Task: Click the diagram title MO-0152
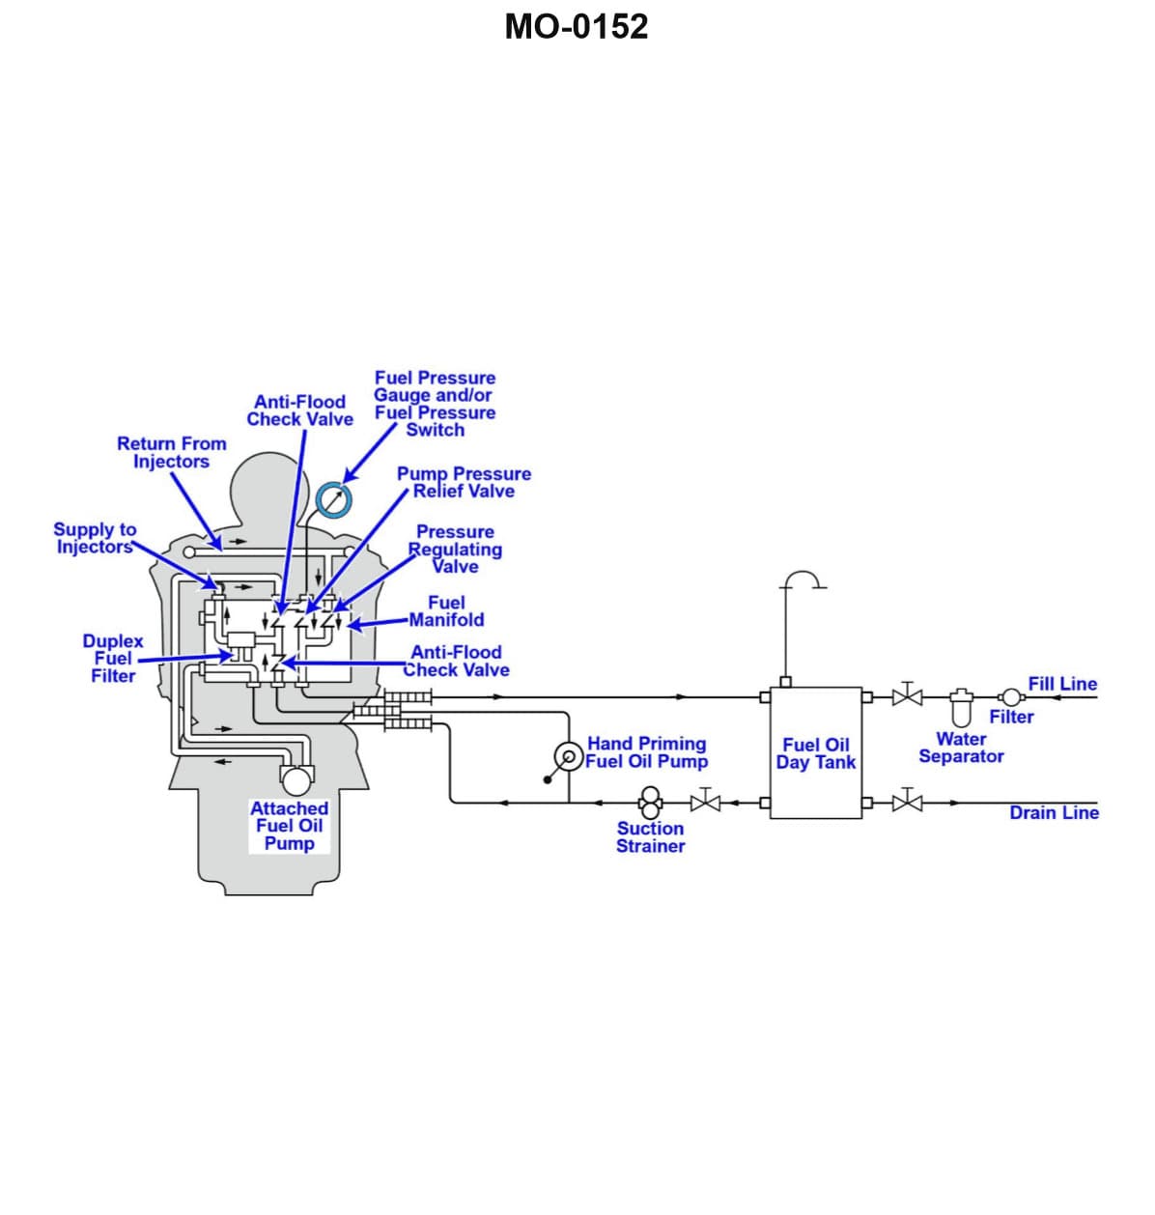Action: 577,27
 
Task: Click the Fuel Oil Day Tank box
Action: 815,753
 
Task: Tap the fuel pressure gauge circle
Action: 334,499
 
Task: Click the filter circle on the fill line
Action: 1010,696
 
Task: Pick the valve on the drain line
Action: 907,802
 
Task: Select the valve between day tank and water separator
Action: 907,695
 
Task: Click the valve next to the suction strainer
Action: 706,802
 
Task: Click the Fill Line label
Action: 1062,684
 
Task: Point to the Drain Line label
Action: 1054,812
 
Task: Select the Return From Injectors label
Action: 171,452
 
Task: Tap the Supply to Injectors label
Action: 94,538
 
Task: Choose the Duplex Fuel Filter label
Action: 112,658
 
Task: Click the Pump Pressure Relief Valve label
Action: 464,482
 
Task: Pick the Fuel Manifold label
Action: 446,611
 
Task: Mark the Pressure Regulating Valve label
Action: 455,549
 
